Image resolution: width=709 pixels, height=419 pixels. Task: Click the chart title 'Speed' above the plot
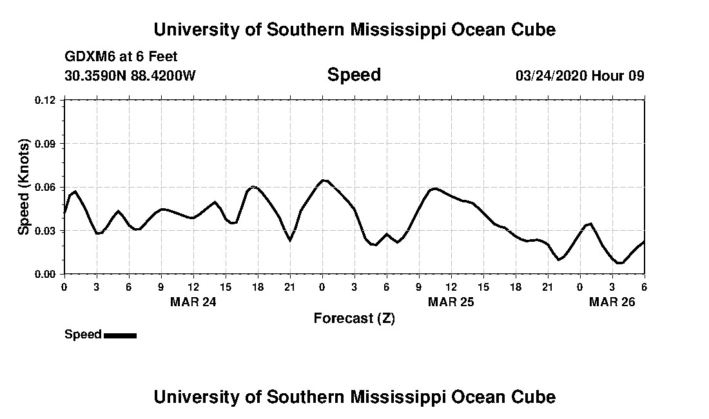pyautogui.click(x=354, y=75)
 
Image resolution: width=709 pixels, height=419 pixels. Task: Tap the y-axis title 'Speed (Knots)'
pyautogui.click(x=24, y=186)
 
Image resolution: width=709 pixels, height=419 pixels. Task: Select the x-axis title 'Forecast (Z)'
pyautogui.click(x=354, y=318)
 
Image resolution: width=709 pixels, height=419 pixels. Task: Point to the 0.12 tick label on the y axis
pyautogui.click(x=45, y=100)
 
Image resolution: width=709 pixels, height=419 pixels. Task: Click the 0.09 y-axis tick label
pyautogui.click(x=45, y=144)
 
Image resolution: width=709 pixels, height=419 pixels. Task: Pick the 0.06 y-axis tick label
pyautogui.click(x=45, y=187)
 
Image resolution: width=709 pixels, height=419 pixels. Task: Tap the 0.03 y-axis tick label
pyautogui.click(x=45, y=231)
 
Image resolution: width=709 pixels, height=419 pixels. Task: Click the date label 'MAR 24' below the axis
pyautogui.click(x=193, y=302)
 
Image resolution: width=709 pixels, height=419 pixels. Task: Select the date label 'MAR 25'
pyautogui.click(x=451, y=302)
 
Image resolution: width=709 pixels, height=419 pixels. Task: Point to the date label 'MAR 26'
pyautogui.click(x=612, y=302)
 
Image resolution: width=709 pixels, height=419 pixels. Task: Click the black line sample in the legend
pyautogui.click(x=120, y=335)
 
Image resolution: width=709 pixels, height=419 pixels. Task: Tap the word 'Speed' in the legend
pyautogui.click(x=83, y=335)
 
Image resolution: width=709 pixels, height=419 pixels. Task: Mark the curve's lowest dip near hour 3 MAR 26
pyautogui.click(x=619, y=263)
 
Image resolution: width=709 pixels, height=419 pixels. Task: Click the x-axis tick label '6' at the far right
pyautogui.click(x=644, y=287)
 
